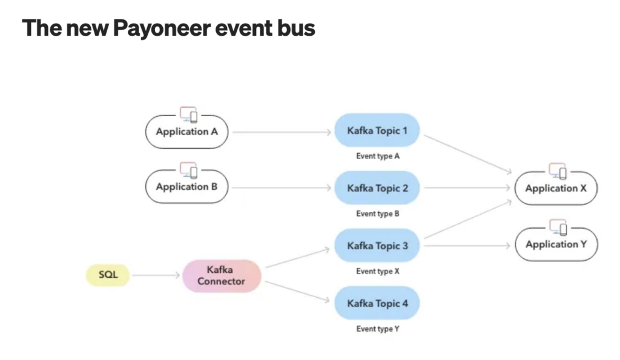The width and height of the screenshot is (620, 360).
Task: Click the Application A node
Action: [186, 131]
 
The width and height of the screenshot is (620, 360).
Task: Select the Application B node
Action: [186, 187]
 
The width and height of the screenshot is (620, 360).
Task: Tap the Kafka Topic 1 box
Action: [377, 131]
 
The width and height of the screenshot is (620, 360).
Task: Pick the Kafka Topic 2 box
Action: [377, 188]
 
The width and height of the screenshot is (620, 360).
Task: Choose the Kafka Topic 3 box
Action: [377, 246]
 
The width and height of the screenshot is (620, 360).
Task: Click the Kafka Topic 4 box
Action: [377, 303]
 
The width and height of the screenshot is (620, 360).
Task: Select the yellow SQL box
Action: [106, 275]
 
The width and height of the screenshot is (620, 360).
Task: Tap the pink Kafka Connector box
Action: [222, 275]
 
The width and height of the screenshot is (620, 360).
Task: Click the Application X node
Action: [556, 188]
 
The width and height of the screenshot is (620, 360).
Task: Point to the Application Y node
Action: [556, 244]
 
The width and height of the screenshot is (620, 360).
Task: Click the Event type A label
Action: [378, 156]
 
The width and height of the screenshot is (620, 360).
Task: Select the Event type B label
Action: [378, 214]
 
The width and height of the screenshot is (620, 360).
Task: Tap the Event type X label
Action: [378, 271]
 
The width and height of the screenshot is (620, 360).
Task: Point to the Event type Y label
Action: [378, 329]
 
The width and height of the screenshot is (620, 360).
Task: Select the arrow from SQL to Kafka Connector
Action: [156, 275]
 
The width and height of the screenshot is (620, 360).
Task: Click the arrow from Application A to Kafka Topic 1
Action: [282, 131]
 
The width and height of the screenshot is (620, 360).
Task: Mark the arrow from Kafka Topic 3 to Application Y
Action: [466, 246]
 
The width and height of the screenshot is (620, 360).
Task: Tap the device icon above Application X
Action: [558, 171]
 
